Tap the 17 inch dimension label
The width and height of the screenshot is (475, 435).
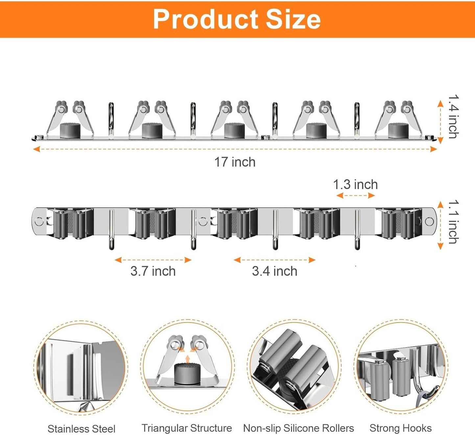point(235,162)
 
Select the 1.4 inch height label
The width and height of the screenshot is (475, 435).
point(454,116)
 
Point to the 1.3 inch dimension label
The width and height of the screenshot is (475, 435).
point(355,184)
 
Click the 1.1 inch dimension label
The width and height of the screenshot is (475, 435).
point(454,222)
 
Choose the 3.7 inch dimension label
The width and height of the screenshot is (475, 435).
point(153,271)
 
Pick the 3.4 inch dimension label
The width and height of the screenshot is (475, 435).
point(274,271)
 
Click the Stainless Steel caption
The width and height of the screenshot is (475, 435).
point(82,429)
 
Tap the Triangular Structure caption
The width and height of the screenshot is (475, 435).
point(187,428)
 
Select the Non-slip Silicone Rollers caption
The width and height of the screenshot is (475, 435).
point(298,428)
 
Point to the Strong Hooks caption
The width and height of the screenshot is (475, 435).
point(400,428)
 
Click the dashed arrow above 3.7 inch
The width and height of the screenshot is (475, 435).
point(153,260)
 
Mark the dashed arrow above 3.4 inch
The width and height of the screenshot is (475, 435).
point(274,260)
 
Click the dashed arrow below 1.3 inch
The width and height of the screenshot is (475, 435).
point(356,196)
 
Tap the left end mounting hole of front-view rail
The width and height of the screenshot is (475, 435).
point(39,221)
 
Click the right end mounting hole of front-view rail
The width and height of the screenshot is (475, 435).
point(429,221)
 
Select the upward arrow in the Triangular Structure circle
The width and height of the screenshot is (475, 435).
point(187,358)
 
